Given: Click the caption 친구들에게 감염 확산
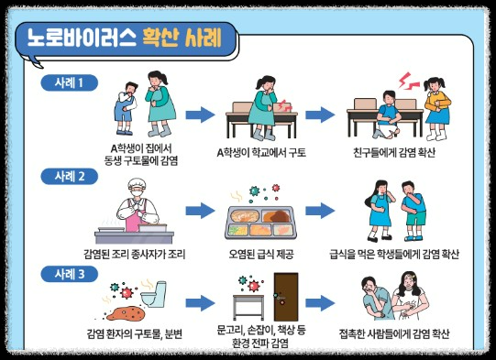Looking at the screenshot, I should pos(394,150).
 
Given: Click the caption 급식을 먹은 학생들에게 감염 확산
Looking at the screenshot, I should pos(394,252).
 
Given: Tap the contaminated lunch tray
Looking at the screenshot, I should pos(259,221).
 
